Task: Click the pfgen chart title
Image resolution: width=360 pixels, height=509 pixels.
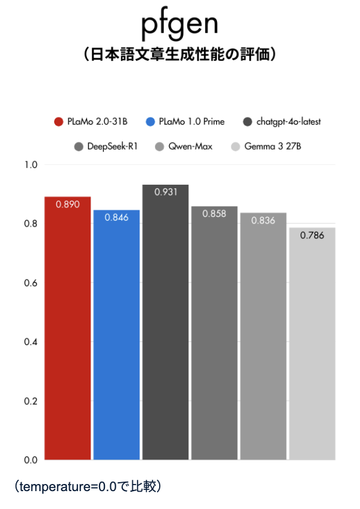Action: [179, 25]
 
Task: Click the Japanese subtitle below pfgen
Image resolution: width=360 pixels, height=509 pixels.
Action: [179, 55]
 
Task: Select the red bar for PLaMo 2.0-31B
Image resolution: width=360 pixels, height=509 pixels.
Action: [68, 328]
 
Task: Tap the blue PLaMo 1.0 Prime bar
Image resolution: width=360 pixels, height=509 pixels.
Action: [116, 334]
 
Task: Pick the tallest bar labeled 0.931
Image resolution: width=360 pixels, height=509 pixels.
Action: [165, 322]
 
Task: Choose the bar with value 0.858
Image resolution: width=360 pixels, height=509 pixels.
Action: [214, 334]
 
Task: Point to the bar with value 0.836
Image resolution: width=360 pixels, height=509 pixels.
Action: [263, 337]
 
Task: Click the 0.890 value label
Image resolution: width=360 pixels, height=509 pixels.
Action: [68, 204]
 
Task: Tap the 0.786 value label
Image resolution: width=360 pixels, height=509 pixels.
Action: [312, 235]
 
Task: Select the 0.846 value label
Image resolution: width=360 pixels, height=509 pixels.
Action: [116, 218]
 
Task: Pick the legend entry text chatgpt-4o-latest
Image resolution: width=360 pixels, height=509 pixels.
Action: [288, 122]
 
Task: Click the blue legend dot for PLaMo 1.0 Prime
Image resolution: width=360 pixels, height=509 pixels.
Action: [150, 122]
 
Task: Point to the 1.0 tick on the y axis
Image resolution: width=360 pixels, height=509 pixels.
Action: [30, 165]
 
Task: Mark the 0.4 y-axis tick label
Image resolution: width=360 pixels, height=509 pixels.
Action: [30, 342]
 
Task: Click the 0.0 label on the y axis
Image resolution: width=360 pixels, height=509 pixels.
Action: [30, 460]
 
